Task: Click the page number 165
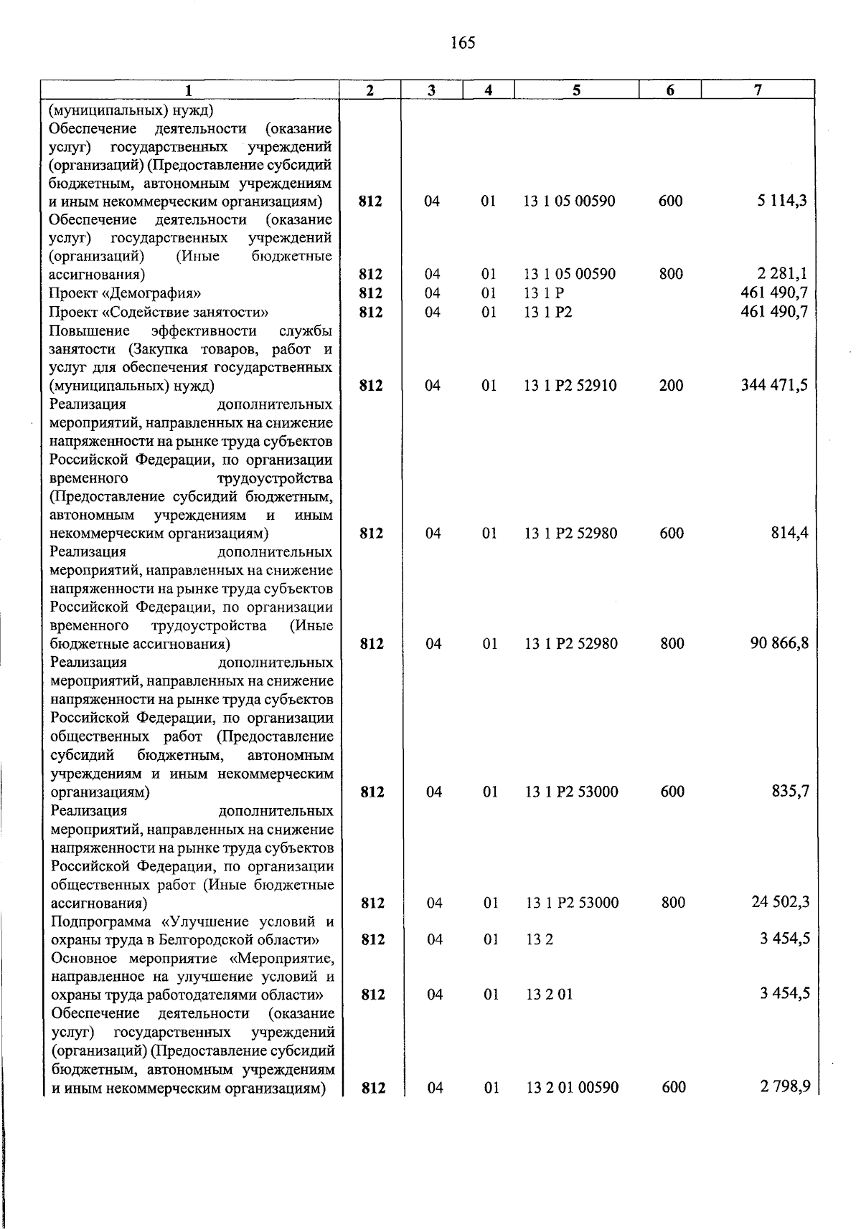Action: coord(463,43)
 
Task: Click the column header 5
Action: coord(576,90)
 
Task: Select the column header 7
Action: coord(758,90)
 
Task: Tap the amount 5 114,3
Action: coord(781,201)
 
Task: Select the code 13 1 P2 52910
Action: coord(570,386)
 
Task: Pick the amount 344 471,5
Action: coord(774,385)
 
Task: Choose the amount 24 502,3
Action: coord(780,902)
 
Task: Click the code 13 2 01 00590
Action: coord(572,1087)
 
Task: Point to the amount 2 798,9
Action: coord(785,1086)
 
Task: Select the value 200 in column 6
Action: coord(671,386)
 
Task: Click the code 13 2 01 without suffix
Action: coord(549,995)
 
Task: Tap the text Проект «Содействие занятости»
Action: coord(159,312)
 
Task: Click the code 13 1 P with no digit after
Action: coord(544,293)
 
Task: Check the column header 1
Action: coord(189,90)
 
